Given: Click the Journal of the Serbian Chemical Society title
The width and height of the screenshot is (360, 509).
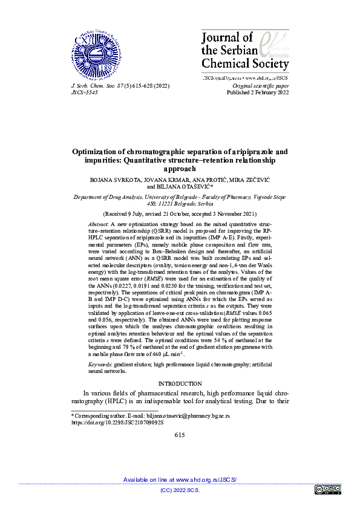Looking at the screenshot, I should click(x=244, y=51).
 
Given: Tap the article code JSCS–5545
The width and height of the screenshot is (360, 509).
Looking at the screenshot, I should click(x=85, y=94).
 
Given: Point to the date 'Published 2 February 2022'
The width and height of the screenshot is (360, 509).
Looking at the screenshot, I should click(x=257, y=94).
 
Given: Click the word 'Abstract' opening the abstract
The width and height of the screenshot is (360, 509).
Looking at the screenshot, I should click(x=100, y=224).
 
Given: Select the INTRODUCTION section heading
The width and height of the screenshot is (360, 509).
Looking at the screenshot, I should click(x=180, y=384).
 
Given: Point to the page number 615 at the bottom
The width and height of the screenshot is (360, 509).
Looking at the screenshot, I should click(x=180, y=435).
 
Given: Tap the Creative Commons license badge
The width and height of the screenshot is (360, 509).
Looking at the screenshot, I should click(x=328, y=490).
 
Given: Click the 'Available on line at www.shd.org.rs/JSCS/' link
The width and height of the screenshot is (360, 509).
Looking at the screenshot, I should click(x=180, y=479).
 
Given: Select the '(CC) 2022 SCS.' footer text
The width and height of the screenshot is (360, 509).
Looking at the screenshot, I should click(x=180, y=490).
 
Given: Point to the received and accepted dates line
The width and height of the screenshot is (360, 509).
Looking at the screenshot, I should click(x=180, y=214).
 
